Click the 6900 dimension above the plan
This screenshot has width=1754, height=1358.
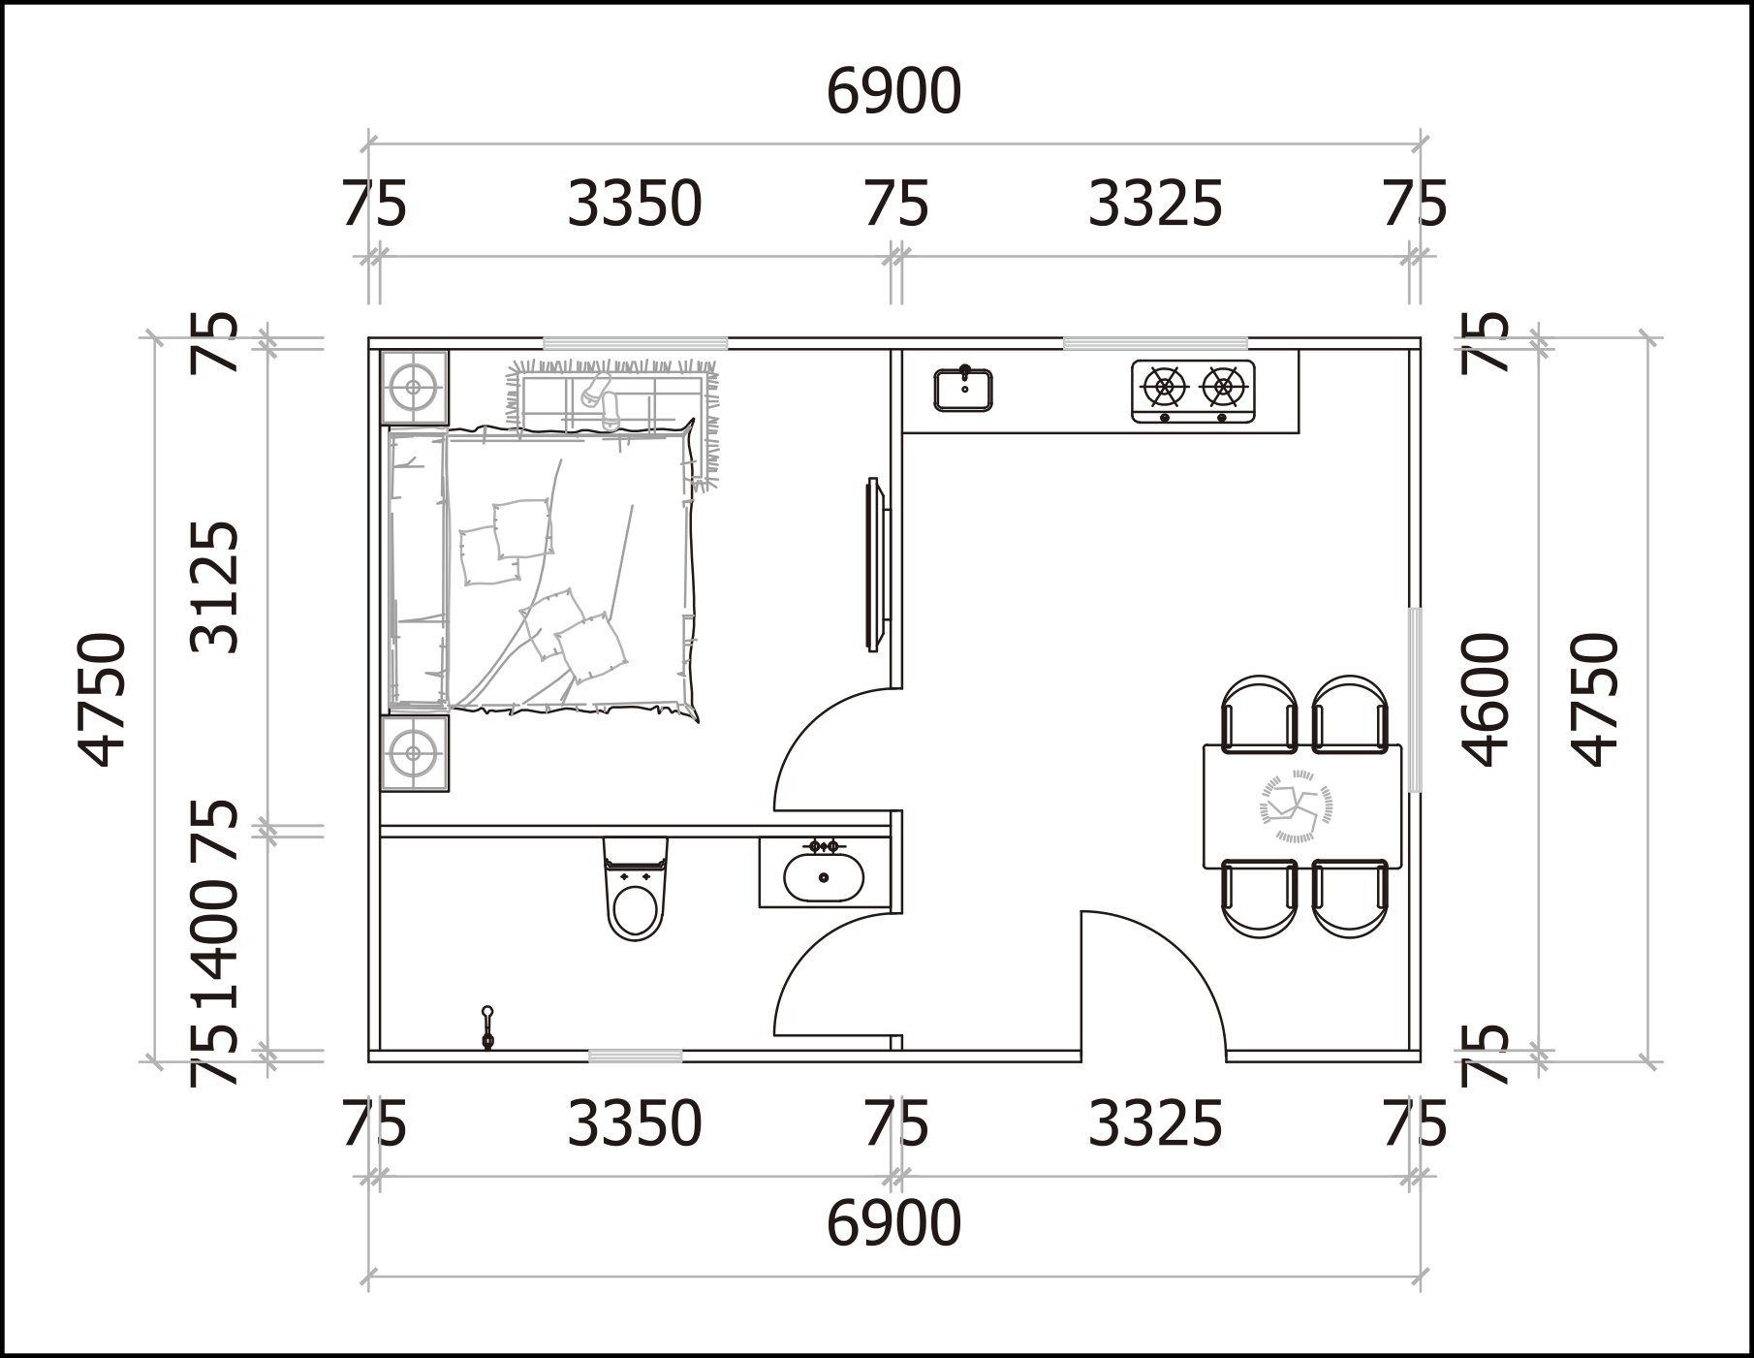(x=893, y=92)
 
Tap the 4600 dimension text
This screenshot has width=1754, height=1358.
(x=1487, y=699)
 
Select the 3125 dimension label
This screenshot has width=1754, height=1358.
(x=214, y=586)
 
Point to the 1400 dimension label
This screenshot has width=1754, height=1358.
(x=214, y=945)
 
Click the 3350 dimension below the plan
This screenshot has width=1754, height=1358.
(x=634, y=1123)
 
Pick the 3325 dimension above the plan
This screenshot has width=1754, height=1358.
(x=1155, y=205)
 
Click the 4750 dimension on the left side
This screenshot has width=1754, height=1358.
(x=103, y=699)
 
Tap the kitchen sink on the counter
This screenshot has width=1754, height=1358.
(x=963, y=389)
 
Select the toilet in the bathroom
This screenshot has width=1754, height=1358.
(x=635, y=889)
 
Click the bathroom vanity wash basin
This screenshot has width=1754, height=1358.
(x=824, y=875)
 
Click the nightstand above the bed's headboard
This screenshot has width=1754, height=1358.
(x=414, y=387)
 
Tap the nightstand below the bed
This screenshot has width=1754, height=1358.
(x=414, y=753)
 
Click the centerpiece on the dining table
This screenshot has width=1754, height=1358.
(x=1296, y=805)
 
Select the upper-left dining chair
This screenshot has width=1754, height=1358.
(x=1259, y=714)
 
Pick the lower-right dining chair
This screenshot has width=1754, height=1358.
(x=1350, y=899)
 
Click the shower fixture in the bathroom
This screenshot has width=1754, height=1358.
(x=487, y=1028)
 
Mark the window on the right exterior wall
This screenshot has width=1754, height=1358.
(x=1415, y=700)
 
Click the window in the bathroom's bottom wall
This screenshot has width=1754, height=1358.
(x=635, y=1056)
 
